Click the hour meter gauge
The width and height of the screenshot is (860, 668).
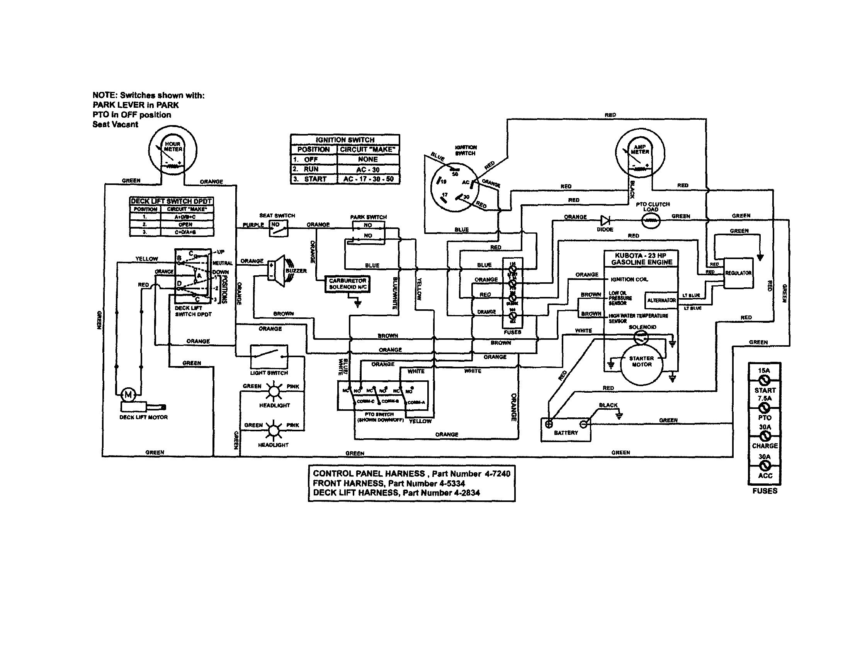pos(173,150)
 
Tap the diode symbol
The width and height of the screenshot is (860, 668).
pos(605,220)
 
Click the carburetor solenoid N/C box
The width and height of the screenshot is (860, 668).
pos(348,284)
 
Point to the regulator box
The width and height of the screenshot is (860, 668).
pos(738,273)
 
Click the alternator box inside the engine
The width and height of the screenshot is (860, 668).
pos(661,300)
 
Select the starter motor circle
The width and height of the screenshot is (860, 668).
pos(641,362)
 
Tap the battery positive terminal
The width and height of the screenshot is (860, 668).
pos(549,424)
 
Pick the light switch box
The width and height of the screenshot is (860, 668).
pos(269,356)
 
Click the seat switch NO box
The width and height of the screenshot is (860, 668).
pos(279,228)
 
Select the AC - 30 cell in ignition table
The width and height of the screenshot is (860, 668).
pos(368,170)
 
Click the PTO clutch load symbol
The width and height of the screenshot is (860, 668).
pos(651,221)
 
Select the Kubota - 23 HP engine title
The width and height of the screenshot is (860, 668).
pos(641,259)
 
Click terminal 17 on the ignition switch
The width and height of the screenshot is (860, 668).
pos(444,196)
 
